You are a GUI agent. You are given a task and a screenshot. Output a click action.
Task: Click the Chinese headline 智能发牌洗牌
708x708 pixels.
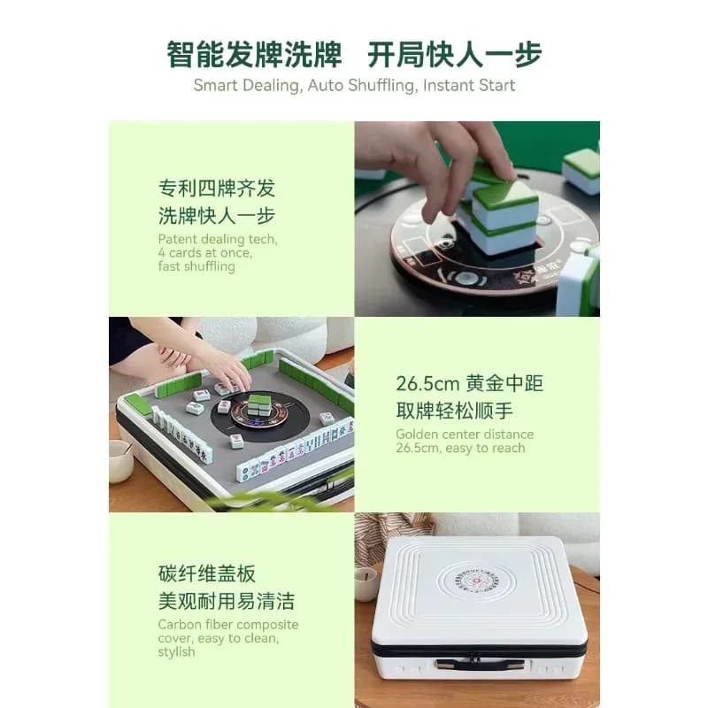pos(254,55)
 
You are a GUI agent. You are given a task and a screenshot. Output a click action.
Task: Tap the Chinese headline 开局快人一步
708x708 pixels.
pos(454,55)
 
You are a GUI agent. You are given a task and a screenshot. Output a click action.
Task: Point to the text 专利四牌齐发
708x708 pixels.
pos(217,189)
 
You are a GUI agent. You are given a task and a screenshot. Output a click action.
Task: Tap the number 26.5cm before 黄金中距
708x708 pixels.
pos(427,384)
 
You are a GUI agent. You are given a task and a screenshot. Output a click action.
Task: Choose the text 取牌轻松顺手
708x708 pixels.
pos(455,411)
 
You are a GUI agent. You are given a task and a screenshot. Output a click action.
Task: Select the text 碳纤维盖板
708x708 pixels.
pos(207,573)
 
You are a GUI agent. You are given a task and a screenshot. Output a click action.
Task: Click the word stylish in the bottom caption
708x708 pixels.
pos(176,652)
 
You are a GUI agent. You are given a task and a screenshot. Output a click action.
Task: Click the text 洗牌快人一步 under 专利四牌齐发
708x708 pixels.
pos(217,215)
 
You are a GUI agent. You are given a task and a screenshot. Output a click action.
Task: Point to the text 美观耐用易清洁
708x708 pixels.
pos(227,602)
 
